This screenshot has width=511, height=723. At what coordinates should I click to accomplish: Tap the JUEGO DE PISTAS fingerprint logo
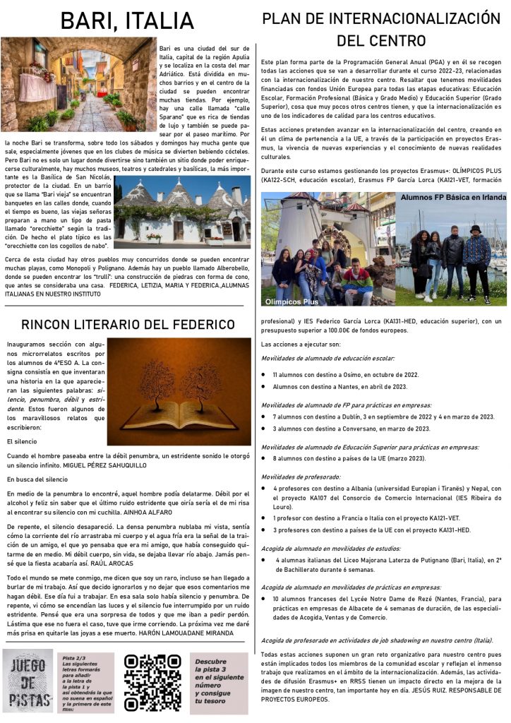coord(29,682)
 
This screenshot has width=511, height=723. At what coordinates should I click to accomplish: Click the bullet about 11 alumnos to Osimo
coord(346,374)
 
